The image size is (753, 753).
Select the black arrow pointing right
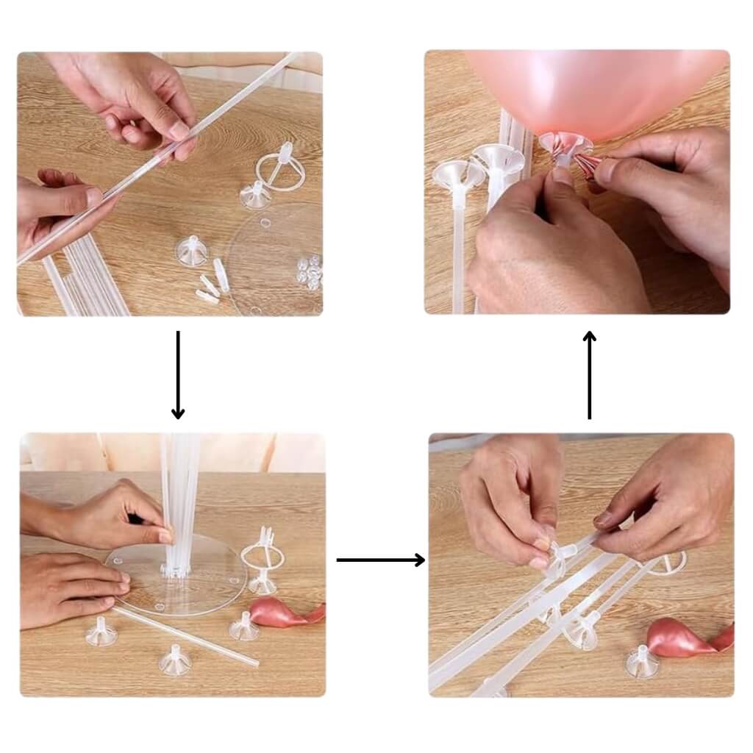click(x=380, y=560)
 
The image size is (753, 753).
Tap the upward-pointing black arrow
click(x=589, y=375)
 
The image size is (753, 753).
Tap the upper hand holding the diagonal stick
click(x=140, y=103)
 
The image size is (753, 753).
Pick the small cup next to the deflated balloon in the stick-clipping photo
click(x=641, y=662)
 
